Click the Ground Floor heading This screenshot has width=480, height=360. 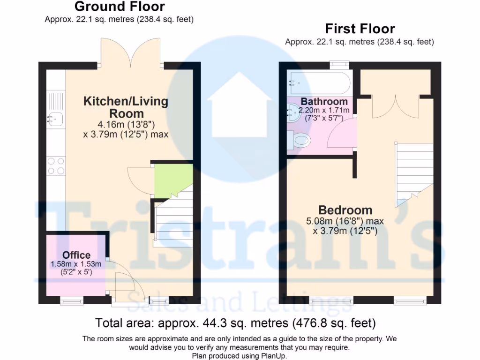120,7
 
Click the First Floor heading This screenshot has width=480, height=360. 360,29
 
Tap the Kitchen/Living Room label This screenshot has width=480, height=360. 126,107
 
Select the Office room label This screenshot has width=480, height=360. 76,255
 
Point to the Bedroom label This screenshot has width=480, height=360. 345,210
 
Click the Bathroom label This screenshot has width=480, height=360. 324,101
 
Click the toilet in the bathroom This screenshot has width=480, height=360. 299,139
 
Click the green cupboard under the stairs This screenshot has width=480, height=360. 172,179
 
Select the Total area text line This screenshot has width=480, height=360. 235,323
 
